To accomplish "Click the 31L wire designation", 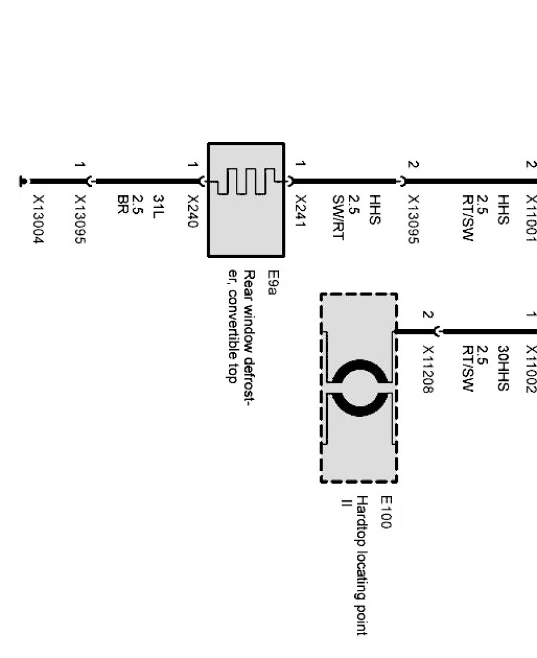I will point(158,205).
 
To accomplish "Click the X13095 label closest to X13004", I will point(80,220).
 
